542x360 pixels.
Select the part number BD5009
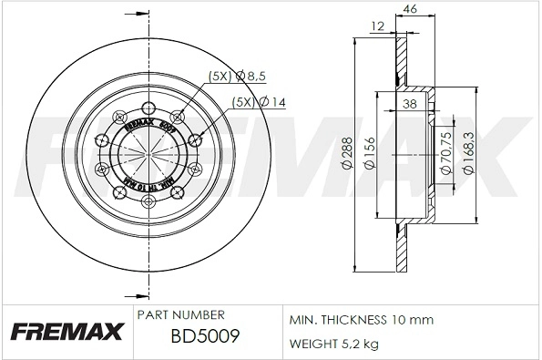(x=205, y=337)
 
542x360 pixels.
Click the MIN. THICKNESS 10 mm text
(x=361, y=320)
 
